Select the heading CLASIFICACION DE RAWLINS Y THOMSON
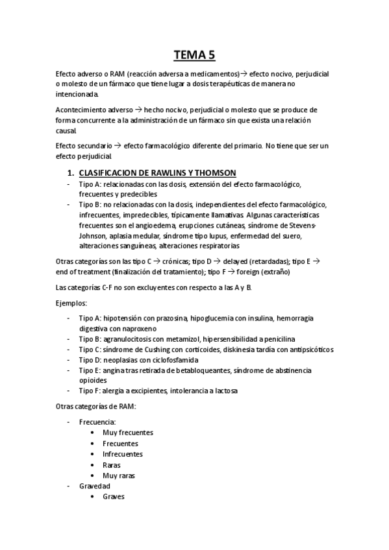157,173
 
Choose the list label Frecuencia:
97,422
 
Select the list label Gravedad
95,486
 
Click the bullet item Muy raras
119,475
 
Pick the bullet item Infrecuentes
123,454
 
